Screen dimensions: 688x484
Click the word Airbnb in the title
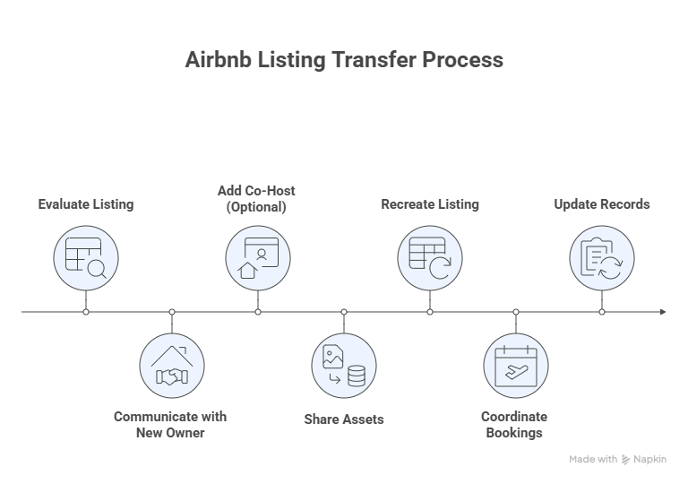(218, 60)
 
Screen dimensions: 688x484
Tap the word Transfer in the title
(374, 60)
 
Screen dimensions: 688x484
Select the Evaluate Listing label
(86, 204)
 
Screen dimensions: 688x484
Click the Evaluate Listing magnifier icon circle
(86, 258)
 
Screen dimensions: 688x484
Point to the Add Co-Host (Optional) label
(256, 198)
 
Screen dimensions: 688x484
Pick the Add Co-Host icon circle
(258, 258)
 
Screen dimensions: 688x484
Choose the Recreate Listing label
(430, 204)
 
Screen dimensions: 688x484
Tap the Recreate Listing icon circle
(430, 258)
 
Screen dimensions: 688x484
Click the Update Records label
(602, 204)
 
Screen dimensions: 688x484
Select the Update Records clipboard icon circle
(602, 258)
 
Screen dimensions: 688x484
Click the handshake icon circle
(172, 366)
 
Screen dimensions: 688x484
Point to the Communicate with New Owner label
(170, 424)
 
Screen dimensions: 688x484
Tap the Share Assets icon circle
(344, 366)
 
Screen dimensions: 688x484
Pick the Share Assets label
(344, 419)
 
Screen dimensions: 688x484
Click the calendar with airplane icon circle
(516, 366)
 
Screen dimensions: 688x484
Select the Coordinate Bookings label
(514, 424)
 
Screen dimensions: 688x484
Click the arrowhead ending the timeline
(663, 312)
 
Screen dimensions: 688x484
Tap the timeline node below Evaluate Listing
(86, 312)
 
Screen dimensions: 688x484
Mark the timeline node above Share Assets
(344, 312)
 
